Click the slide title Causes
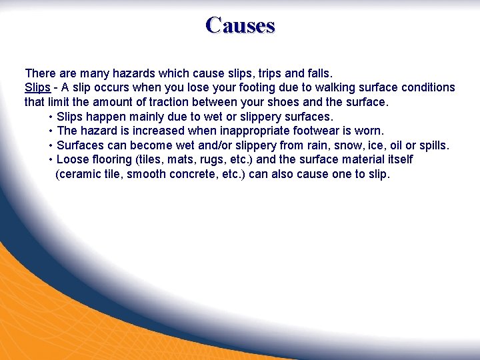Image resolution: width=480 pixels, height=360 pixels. point(240,25)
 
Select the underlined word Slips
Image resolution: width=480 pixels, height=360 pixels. point(37,87)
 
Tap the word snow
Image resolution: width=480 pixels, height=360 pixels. point(337,145)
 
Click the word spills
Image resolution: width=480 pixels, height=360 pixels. point(433,145)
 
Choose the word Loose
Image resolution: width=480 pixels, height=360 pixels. point(73,160)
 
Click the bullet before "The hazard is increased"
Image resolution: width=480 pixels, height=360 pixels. point(51,131)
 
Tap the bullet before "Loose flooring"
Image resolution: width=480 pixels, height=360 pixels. point(51,160)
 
